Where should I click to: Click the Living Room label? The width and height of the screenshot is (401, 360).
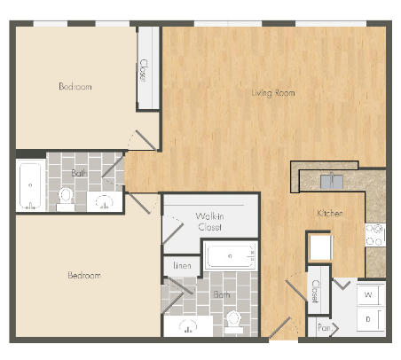tap(272, 92)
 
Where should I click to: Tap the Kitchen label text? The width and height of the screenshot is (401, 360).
tap(329, 214)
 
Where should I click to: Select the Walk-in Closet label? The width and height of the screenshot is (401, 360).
tap(209, 222)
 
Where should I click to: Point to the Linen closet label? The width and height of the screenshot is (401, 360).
tap(182, 265)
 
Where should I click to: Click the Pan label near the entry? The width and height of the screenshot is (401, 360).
tap(326, 327)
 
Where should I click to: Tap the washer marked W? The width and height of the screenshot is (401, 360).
tap(368, 293)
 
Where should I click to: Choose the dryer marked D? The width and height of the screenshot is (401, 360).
tap(368, 318)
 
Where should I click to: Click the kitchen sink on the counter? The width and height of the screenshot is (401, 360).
tap(331, 182)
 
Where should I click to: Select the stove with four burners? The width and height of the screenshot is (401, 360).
tap(375, 234)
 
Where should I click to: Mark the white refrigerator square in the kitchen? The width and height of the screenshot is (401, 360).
tap(319, 247)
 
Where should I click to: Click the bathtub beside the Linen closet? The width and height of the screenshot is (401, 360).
tap(230, 257)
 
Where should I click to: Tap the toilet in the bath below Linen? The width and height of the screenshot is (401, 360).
tap(234, 318)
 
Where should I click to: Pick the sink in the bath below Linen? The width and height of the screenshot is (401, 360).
tap(188, 325)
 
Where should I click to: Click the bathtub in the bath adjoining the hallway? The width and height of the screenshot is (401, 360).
tap(31, 184)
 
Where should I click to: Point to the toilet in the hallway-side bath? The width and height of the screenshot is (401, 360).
tap(67, 196)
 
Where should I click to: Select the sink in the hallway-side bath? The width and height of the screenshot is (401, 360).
tap(105, 200)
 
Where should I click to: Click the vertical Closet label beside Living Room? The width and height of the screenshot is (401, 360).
tap(143, 70)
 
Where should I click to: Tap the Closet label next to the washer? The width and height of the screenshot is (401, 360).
tap(315, 290)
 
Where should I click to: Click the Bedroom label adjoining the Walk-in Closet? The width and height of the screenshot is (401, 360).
tap(84, 276)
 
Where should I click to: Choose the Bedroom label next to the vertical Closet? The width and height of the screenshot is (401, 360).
tap(75, 86)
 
